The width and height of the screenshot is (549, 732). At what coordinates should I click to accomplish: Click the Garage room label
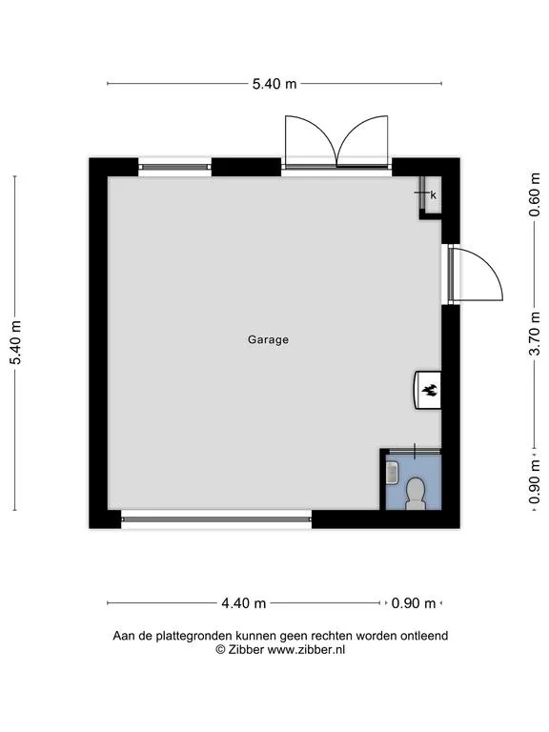tap(268, 340)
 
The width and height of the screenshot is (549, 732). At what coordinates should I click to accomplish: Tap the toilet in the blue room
tap(415, 494)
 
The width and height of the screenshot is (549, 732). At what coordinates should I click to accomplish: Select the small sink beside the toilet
tap(392, 473)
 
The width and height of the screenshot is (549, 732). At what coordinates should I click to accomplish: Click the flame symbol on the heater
tap(430, 390)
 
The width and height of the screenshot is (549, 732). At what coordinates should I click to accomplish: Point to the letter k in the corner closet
tap(434, 195)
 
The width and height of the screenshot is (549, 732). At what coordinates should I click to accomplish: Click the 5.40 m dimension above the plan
tap(274, 84)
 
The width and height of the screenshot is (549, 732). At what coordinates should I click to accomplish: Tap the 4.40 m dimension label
tap(244, 603)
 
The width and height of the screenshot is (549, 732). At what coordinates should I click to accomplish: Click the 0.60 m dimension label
tap(535, 195)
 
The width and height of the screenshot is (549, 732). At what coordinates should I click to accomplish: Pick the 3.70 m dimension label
tap(535, 335)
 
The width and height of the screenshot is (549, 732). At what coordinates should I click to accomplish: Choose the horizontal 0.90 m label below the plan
tap(414, 603)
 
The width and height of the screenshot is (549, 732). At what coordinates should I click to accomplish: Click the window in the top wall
tap(174, 167)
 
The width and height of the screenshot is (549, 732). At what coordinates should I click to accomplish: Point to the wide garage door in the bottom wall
tap(216, 518)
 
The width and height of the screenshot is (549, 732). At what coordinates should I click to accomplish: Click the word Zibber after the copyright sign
tap(246, 649)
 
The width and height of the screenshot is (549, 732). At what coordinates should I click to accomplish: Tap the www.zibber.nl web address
tap(306, 649)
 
